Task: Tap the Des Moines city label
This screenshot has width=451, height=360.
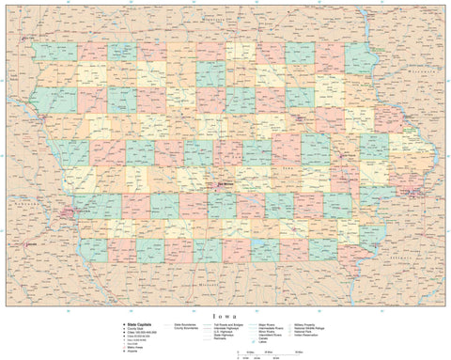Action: pos(225,184)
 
